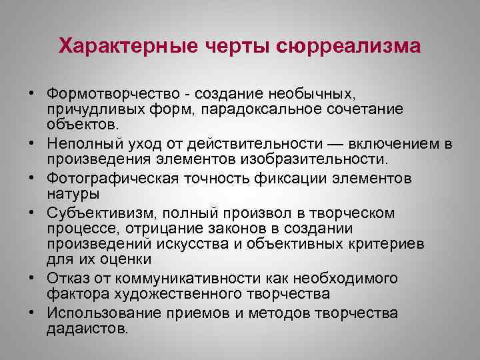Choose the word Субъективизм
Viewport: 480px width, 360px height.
(x=94, y=213)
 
